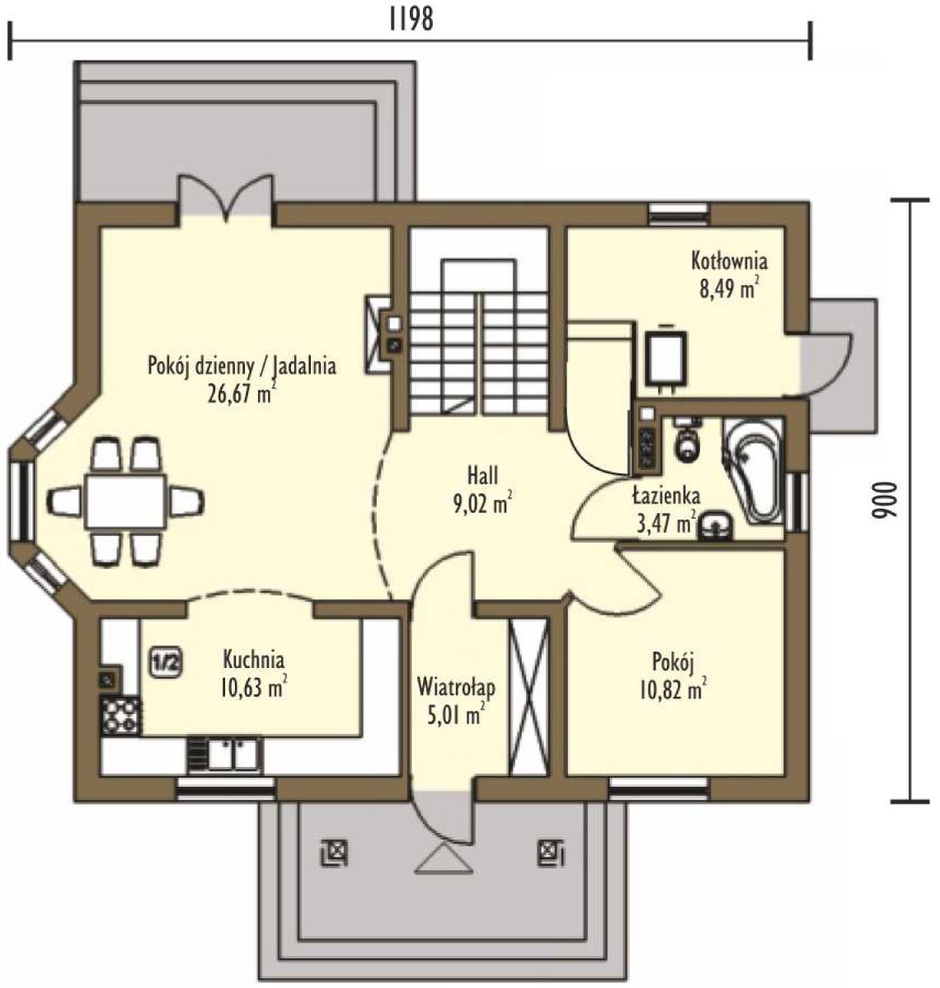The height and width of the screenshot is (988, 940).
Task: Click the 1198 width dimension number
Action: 411,19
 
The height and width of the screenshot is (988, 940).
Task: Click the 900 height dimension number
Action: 883,501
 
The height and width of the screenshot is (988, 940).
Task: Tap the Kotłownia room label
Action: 729,261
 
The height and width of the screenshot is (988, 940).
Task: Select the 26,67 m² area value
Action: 242,393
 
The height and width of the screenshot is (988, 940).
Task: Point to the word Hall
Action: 482,475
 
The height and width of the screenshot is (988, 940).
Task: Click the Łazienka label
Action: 666,496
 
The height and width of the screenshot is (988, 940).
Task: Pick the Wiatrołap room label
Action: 455,687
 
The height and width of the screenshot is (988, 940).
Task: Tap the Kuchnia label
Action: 253,660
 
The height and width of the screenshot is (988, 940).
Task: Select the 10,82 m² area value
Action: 673,690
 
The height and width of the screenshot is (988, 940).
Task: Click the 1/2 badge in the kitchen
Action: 167,663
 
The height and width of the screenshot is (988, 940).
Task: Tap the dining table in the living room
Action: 126,502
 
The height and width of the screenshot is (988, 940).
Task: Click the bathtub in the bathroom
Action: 753,470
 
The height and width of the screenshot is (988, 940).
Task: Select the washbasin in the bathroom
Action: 716,527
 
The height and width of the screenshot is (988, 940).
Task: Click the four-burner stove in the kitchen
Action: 120,715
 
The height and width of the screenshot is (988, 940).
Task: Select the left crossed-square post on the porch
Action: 334,853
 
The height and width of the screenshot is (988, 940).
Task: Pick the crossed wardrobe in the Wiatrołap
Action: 529,697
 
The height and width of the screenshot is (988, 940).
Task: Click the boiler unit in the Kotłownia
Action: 666,356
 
